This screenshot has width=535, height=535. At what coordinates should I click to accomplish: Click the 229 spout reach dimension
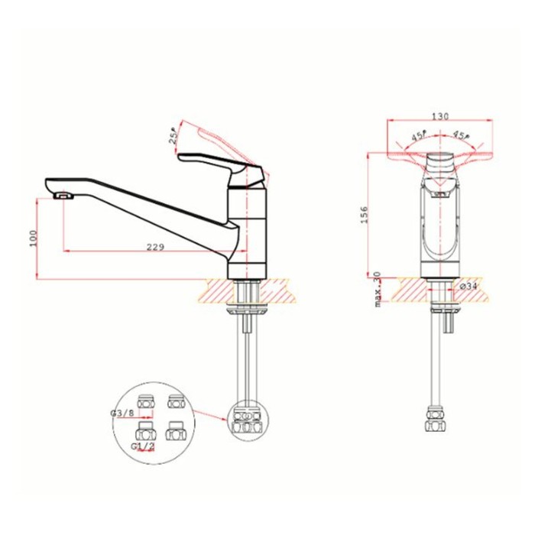[155, 247]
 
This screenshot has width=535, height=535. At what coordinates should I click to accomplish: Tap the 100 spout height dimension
[33, 238]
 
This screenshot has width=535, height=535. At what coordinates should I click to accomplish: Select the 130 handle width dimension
[440, 116]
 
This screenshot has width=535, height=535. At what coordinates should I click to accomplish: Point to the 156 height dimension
[365, 214]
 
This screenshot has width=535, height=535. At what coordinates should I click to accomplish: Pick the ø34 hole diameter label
[469, 286]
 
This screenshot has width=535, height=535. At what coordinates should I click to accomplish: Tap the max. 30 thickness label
[378, 289]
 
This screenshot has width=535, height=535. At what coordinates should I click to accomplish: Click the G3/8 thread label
[122, 413]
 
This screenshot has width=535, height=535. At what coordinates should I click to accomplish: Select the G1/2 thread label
[143, 446]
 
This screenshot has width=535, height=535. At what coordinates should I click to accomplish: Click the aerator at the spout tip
[63, 196]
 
